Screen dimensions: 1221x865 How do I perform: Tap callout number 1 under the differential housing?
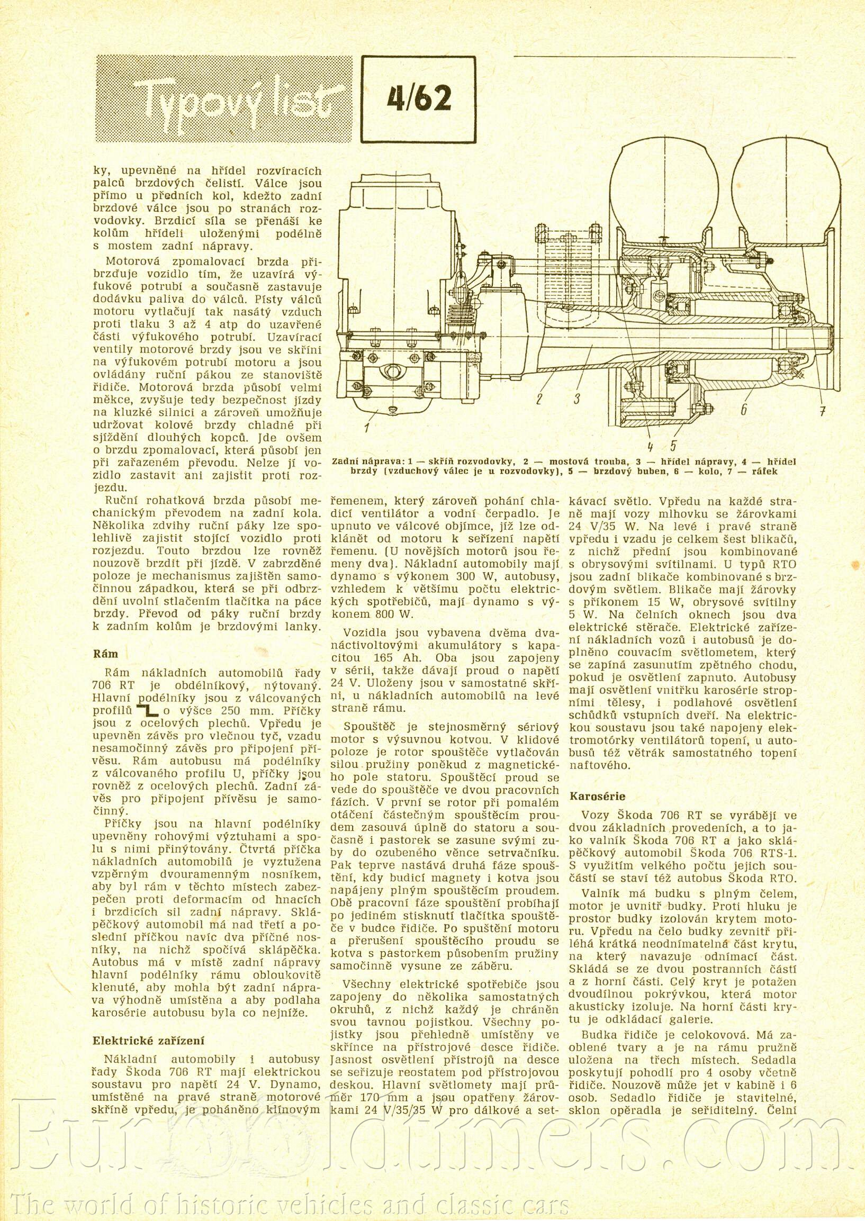(367, 427)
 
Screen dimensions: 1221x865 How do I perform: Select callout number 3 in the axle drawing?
(576, 399)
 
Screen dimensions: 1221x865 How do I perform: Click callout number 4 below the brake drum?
(651, 445)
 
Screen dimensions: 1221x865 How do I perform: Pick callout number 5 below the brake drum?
(673, 445)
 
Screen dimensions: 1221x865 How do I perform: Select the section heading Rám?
(105, 654)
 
